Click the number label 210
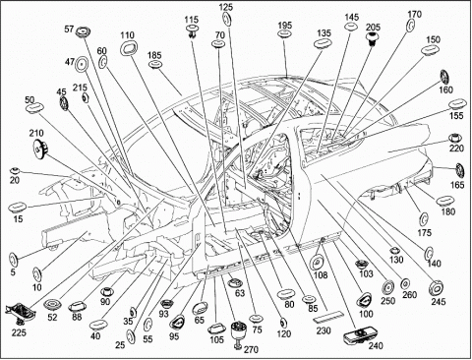click(36, 133)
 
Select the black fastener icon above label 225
click(20, 313)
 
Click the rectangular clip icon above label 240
click(358, 336)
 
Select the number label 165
click(457, 185)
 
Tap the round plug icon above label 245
click(437, 288)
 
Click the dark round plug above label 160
click(445, 78)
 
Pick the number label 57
click(69, 30)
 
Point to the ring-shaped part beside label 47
click(82, 64)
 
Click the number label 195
click(285, 26)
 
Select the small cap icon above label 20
click(15, 170)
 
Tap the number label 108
click(321, 275)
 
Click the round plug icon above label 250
click(388, 287)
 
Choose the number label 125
click(226, 7)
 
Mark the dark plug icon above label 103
click(362, 264)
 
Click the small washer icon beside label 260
click(405, 282)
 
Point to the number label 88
click(77, 318)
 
